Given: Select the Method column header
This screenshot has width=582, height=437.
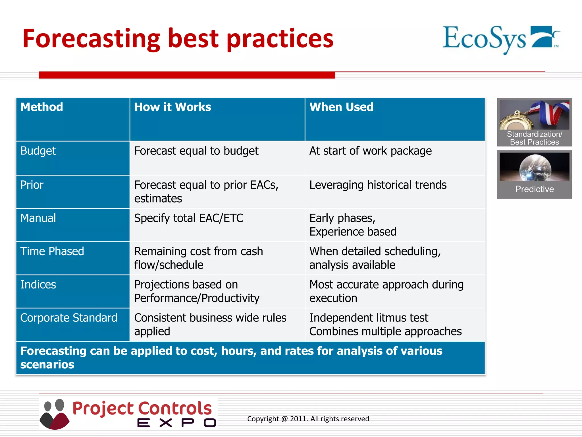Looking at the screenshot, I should pos(42,107).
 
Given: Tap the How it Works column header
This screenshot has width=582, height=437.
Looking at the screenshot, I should pos(172,107).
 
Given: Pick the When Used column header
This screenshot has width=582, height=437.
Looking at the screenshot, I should pos(341,107).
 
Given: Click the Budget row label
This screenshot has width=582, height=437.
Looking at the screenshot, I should pos(38,151).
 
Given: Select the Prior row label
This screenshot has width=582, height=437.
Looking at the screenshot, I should pos(32,185).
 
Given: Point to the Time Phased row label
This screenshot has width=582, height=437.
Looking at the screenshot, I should pos(52,252).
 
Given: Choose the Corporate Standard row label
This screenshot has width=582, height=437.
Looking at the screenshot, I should pos(68,318).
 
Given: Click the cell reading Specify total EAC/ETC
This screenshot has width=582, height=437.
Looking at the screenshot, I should pos(189,218).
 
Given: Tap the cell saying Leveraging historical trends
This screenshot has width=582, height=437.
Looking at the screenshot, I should pos(378,185).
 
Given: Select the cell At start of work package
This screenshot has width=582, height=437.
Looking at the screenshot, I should pos(370,151).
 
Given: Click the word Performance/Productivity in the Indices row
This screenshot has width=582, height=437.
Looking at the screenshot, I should pos(197,298).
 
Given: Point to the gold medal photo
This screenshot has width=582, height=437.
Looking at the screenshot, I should pos(534,115).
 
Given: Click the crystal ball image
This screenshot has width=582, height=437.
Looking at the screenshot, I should pos(534,167).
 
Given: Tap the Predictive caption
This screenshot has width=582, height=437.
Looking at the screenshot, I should pos(534,189).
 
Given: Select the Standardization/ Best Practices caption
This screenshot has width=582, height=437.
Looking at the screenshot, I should pos(534,138).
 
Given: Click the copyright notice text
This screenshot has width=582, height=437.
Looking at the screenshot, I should pos(308,419).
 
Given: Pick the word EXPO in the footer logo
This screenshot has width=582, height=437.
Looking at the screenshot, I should pos(176,423).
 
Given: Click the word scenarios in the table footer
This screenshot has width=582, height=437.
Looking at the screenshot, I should pos(47,365).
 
